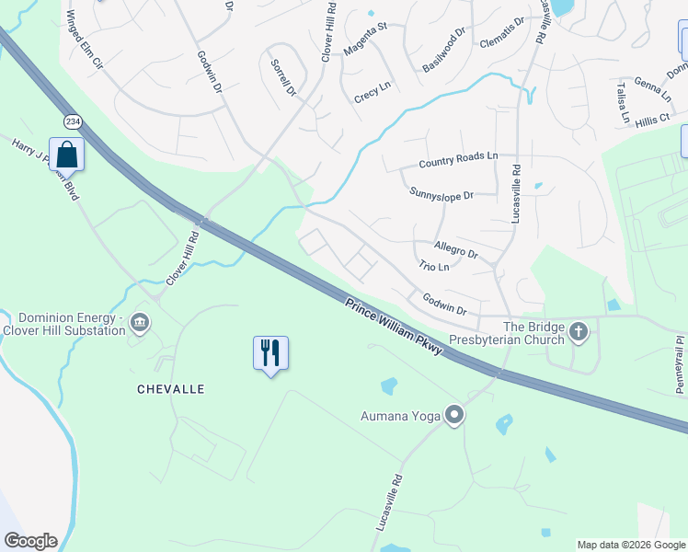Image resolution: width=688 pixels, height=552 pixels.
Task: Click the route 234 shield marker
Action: click(x=73, y=121)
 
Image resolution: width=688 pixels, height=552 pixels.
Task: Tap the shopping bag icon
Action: click(x=67, y=153)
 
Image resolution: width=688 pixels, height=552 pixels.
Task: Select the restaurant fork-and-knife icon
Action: click(x=270, y=352)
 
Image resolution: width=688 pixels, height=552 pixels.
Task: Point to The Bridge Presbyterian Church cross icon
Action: click(x=579, y=331)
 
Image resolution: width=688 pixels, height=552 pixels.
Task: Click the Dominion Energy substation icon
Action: click(x=140, y=322)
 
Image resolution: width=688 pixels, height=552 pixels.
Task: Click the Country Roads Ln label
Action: click(x=457, y=161)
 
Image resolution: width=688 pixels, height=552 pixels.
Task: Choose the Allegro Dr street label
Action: click(x=456, y=249)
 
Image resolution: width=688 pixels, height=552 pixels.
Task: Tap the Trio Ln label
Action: click(x=433, y=267)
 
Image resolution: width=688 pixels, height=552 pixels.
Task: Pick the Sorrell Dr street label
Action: click(x=282, y=77)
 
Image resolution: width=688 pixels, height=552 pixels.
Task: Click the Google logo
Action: click(x=30, y=541)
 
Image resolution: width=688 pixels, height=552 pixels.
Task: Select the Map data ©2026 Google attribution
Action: click(x=630, y=545)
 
